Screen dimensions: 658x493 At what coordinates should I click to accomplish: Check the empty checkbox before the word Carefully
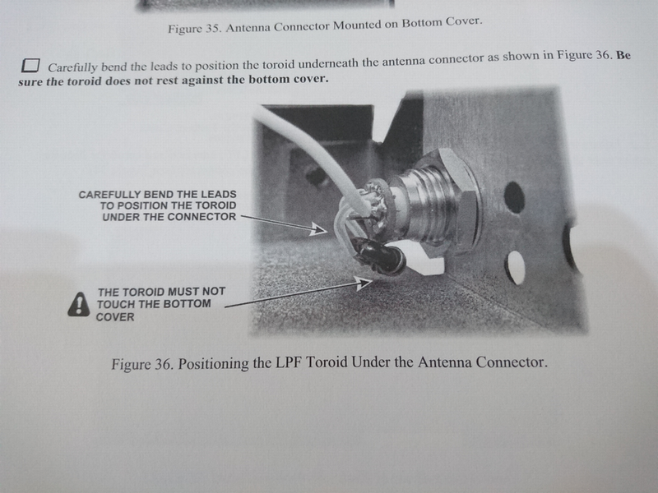(x=30, y=66)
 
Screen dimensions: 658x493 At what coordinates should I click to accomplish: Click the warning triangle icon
(x=78, y=304)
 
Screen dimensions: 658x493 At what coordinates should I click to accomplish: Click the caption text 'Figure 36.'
(x=142, y=364)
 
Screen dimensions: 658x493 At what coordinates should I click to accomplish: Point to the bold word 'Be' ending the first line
(x=623, y=55)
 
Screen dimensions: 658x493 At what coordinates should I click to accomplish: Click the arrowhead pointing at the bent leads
(x=319, y=229)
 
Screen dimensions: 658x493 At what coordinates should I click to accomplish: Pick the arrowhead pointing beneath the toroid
(x=364, y=283)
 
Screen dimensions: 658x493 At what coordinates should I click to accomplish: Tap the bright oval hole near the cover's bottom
(x=515, y=268)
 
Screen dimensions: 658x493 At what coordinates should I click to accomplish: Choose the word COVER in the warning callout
(x=115, y=317)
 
